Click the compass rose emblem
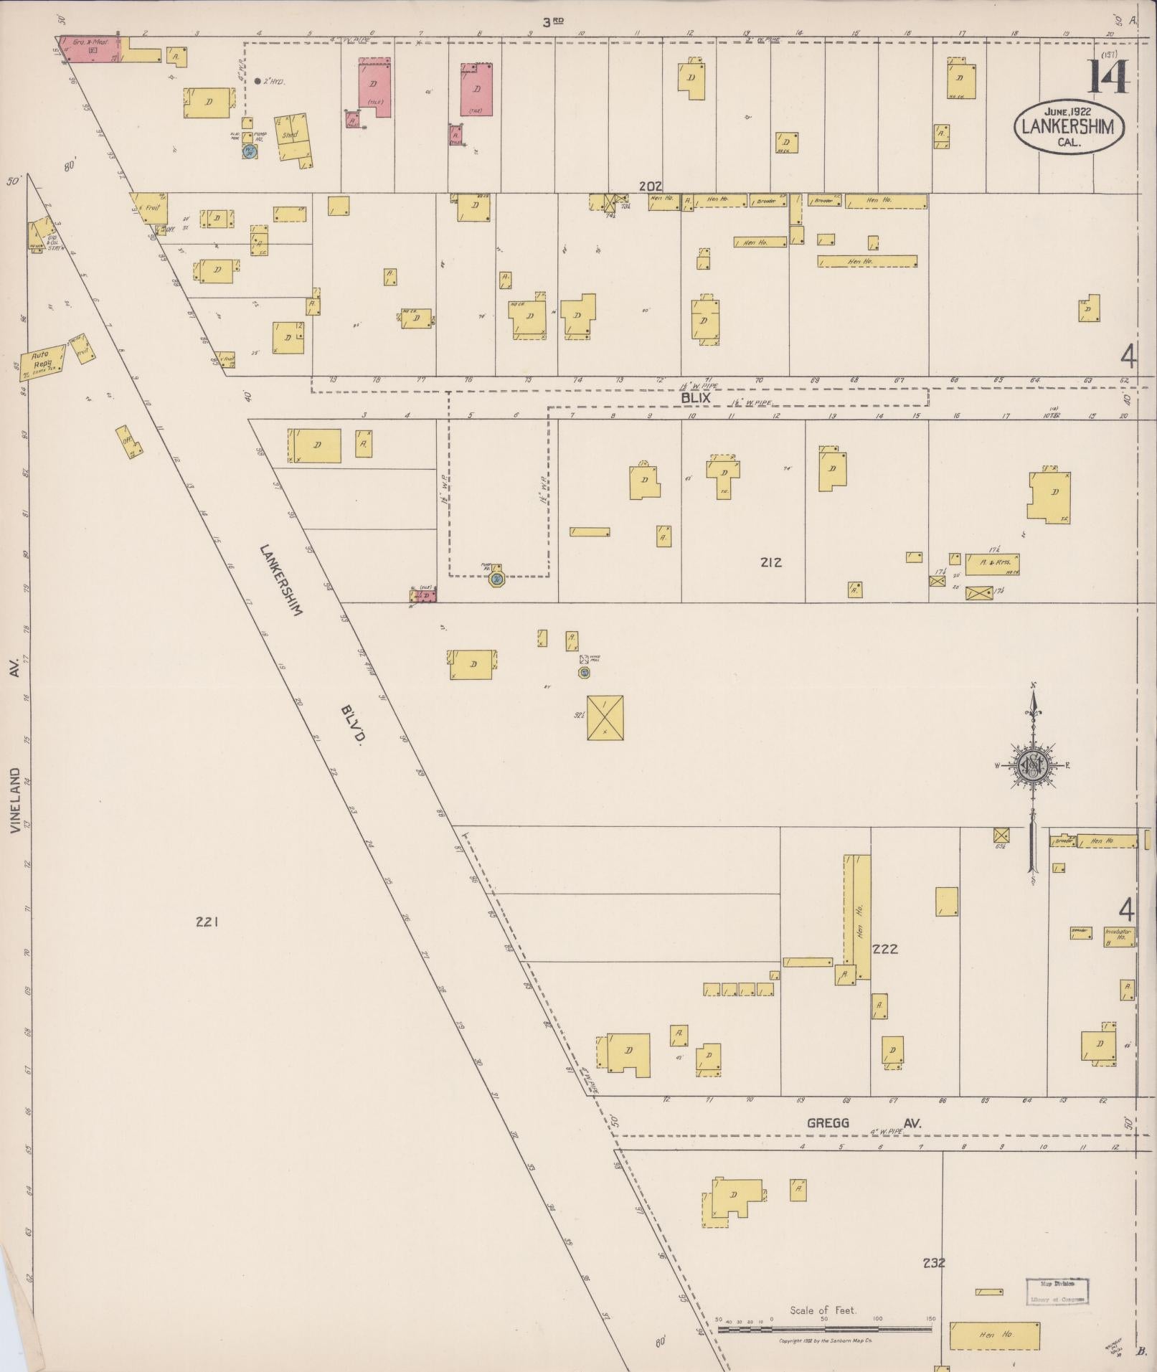(x=1031, y=767)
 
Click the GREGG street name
(x=828, y=1123)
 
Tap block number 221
(x=206, y=922)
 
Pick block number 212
(x=770, y=562)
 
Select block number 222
(x=885, y=949)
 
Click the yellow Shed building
(x=294, y=136)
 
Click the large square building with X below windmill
(x=605, y=718)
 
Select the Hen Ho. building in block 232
(x=994, y=1335)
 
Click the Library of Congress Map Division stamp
(x=1057, y=1291)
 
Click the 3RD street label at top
(x=552, y=22)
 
